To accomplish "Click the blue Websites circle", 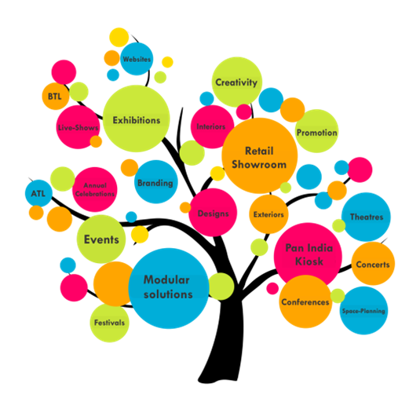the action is click(x=137, y=59).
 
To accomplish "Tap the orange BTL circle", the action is click(x=56, y=96).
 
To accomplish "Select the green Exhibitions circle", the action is click(x=137, y=119).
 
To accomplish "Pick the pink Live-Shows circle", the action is click(x=79, y=127).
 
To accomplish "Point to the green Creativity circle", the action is click(x=237, y=82).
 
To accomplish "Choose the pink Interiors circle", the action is click(x=213, y=126).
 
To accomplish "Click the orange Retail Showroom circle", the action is click(x=260, y=155).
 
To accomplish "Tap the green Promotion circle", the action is click(x=316, y=131).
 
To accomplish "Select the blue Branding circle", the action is click(x=156, y=182).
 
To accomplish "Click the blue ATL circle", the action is click(x=38, y=193).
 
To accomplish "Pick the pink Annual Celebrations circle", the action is click(x=94, y=190).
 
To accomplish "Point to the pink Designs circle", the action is click(x=213, y=213).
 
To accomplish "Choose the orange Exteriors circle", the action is click(x=268, y=214).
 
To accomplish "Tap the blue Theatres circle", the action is click(x=366, y=217).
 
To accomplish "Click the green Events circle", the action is click(x=101, y=239).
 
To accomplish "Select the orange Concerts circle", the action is click(x=373, y=264).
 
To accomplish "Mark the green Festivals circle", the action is click(x=109, y=323).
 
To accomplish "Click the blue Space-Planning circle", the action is click(x=363, y=310).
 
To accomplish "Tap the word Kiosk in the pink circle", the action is click(x=309, y=261).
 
